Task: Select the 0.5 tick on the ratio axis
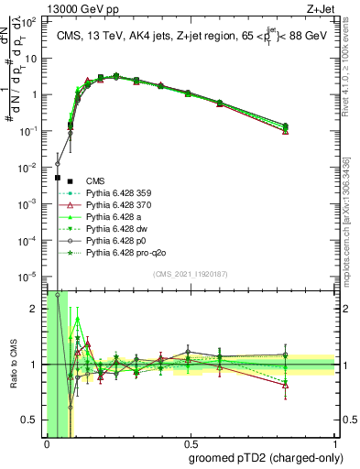33,420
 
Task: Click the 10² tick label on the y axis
34,22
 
